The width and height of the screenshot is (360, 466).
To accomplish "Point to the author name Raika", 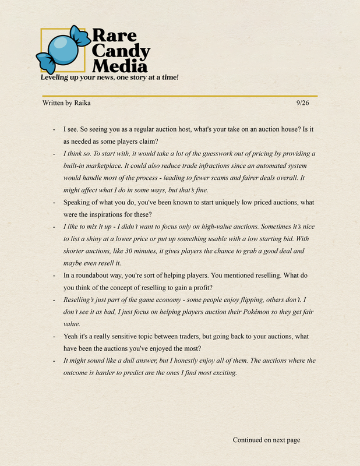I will [x=82, y=103].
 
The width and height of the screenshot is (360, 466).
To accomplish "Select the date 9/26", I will [x=302, y=103].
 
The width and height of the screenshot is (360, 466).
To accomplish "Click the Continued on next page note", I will [x=266, y=440].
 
